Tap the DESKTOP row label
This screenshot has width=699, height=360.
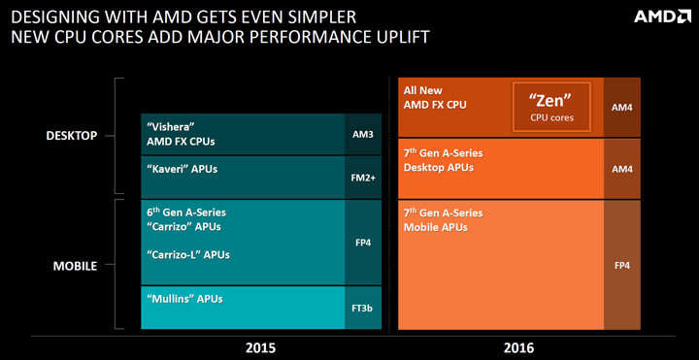click(x=72, y=136)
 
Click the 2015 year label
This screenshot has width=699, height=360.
click(x=261, y=346)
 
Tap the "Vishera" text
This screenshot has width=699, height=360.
click(x=171, y=126)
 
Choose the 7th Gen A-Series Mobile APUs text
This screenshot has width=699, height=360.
click(x=442, y=219)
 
